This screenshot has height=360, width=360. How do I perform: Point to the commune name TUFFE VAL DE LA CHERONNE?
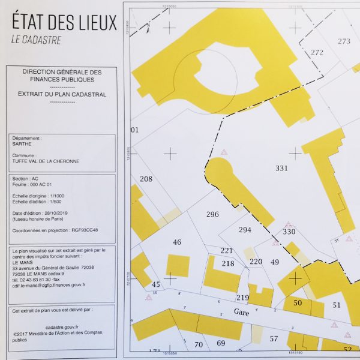click(44, 161)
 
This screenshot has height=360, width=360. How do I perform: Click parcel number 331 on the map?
click(282, 168)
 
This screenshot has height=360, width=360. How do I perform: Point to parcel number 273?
click(344, 41)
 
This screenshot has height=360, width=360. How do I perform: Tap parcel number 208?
click(146, 179)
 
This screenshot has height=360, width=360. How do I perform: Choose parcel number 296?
click(212, 214)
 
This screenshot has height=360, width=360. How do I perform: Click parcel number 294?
click(245, 229)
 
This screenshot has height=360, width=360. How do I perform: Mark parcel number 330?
click(289, 232)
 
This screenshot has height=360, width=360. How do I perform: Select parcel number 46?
click(176, 242)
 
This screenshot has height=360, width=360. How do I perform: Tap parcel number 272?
click(317, 52)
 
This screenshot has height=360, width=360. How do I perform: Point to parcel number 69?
click(220, 343)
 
